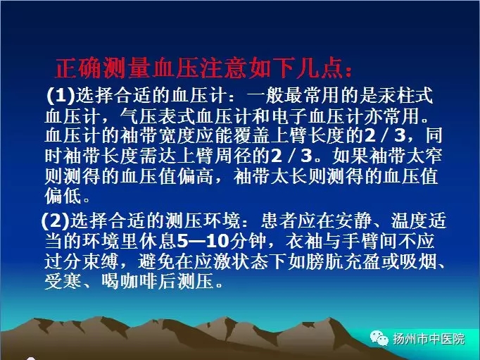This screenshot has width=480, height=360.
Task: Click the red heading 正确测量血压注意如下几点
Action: (x=203, y=68)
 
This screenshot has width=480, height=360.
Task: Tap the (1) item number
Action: (x=61, y=95)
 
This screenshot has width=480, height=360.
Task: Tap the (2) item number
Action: (x=56, y=221)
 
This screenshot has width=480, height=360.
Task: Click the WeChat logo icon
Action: (x=379, y=338)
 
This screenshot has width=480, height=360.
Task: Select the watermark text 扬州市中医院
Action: (x=429, y=339)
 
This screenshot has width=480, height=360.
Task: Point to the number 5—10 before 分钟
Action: (x=203, y=241)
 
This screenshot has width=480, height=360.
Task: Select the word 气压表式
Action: (x=158, y=116)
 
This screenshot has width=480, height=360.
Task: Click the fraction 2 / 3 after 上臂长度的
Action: (x=385, y=135)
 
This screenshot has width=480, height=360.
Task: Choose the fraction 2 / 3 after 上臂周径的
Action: (x=291, y=156)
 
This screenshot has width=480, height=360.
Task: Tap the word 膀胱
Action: (x=324, y=261)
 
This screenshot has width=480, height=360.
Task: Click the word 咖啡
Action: (x=139, y=281)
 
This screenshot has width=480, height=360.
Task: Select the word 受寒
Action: (x=63, y=281)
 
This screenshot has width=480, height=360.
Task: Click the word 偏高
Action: (x=196, y=176)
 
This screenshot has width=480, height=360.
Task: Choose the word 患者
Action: (x=279, y=221)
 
